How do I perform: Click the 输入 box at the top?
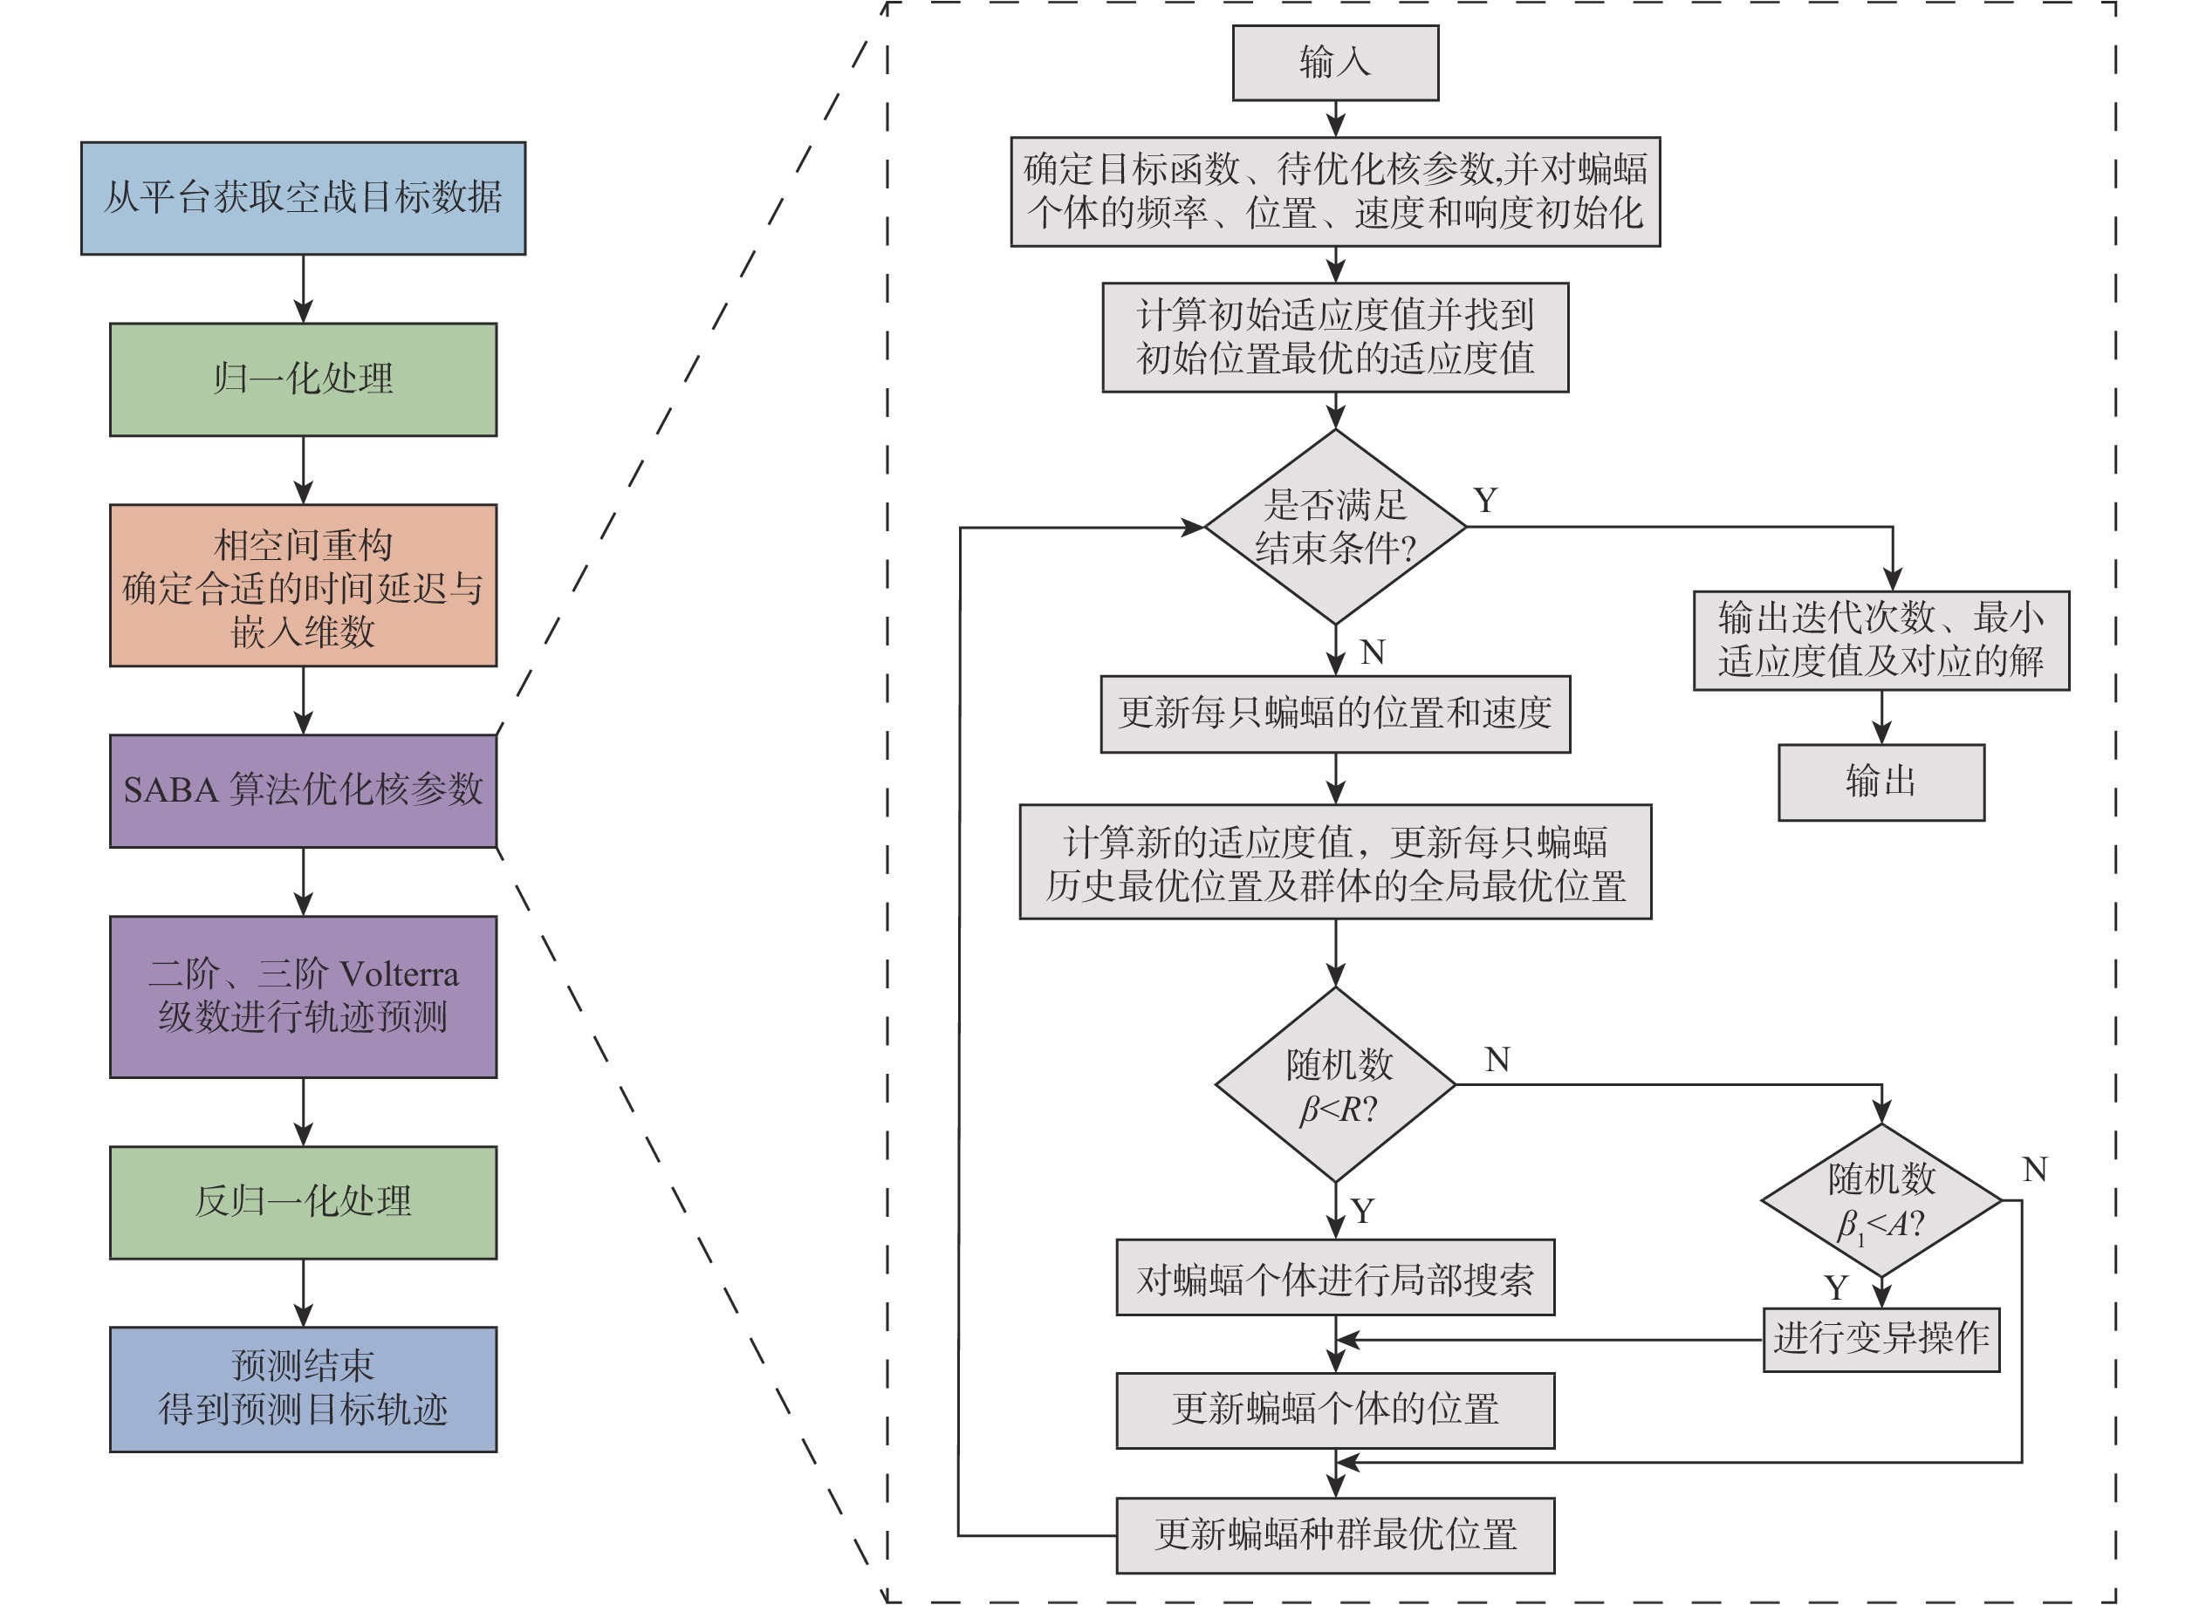point(1335,63)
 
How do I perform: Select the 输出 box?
point(1880,782)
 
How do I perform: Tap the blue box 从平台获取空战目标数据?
point(303,198)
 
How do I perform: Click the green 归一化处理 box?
point(303,379)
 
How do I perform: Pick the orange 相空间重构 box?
point(303,585)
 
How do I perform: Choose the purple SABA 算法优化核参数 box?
point(303,791)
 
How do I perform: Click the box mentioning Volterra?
point(303,996)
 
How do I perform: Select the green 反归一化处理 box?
point(303,1202)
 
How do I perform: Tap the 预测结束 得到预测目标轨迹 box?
point(303,1389)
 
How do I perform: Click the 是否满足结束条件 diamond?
point(1335,527)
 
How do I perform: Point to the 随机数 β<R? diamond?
point(1335,1084)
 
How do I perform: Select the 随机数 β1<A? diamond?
point(1880,1200)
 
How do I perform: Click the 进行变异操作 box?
point(1880,1339)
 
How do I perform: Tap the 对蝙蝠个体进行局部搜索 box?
point(1335,1278)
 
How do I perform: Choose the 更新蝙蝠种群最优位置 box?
point(1335,1535)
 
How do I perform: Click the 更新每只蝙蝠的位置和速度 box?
point(1335,714)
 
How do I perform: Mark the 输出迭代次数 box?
point(1880,640)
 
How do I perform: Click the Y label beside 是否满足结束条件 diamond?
point(1485,501)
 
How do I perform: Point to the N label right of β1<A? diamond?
point(2035,1169)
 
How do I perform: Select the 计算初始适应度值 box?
point(1335,337)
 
